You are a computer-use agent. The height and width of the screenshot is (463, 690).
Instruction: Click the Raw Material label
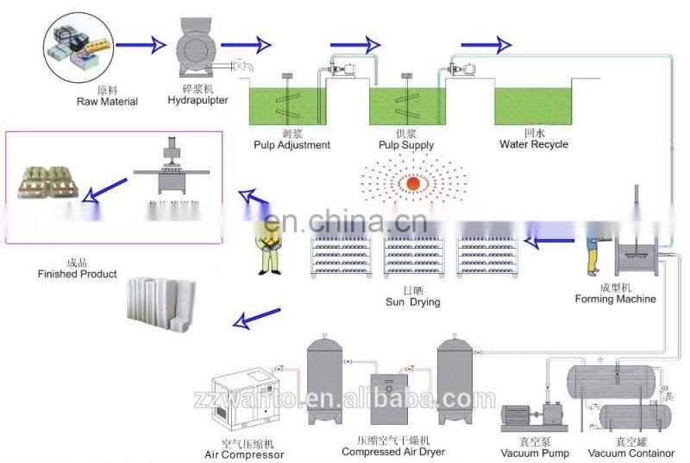(106, 102)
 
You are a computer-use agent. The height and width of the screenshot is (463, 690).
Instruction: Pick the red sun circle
(413, 183)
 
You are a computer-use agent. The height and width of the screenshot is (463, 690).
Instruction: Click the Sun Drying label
(412, 302)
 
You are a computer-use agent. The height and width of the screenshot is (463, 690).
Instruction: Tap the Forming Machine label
(615, 299)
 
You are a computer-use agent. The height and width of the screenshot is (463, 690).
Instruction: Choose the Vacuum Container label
(631, 453)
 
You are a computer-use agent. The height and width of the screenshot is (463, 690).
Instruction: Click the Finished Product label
(76, 274)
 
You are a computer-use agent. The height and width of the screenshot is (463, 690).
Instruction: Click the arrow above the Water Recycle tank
(485, 43)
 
